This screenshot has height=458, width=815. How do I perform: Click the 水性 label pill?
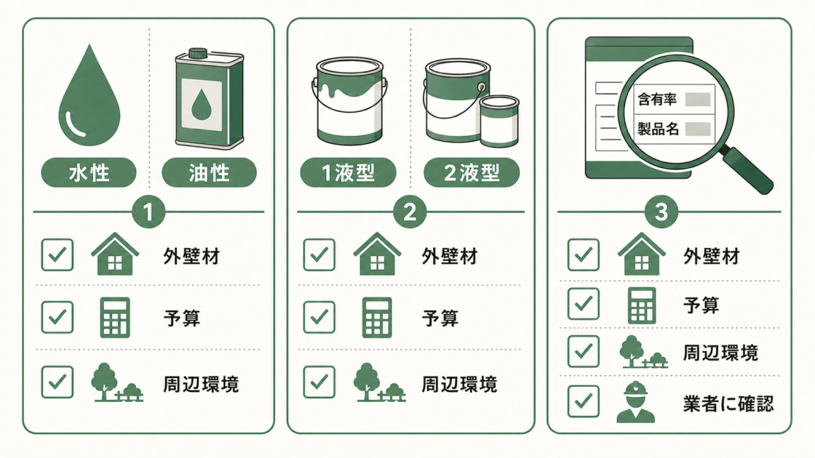tap(88, 172)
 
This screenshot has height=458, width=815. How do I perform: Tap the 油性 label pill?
tap(209, 172)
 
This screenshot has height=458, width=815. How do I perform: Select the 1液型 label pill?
tap(349, 172)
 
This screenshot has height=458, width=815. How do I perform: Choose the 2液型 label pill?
tap(472, 172)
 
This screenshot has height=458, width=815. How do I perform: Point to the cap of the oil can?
tap(198, 52)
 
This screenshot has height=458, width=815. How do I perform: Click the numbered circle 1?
tap(148, 212)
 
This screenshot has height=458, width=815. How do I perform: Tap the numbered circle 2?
tap(410, 212)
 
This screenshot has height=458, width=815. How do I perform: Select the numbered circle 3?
tap(661, 212)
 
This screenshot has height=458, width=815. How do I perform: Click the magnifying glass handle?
tap(747, 170)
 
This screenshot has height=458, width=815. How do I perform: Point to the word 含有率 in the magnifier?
tap(657, 99)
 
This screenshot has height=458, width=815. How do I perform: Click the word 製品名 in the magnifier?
tap(658, 129)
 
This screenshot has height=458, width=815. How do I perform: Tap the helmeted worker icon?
tap(635, 402)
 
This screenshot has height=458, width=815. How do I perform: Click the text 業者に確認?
tap(728, 403)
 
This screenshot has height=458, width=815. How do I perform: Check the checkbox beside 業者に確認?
tap(583, 401)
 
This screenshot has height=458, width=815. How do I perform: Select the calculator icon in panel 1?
tap(115, 317)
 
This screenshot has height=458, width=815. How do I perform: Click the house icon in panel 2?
tap(377, 254)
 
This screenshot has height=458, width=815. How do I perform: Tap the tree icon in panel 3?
tap(643, 352)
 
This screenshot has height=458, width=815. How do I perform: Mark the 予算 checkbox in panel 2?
tap(319, 317)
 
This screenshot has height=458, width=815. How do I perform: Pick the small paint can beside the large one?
tap(499, 121)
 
